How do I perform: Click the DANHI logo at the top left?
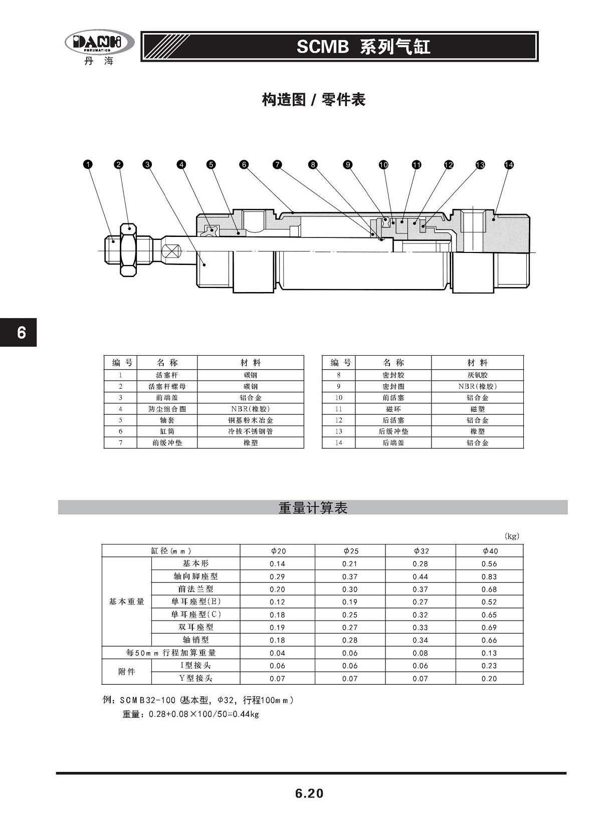[x=99, y=43]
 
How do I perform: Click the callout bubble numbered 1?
[x=88, y=164]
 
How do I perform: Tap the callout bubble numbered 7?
[x=277, y=164]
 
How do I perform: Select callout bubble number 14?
[x=509, y=164]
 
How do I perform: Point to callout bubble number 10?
[x=383, y=164]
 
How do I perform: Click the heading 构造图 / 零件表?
[x=313, y=100]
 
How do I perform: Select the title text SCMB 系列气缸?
[x=363, y=47]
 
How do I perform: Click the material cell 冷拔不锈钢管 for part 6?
[x=251, y=431]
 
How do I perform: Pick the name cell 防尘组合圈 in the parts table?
[x=167, y=409]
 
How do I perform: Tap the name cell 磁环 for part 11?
[x=393, y=409]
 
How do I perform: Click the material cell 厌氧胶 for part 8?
[x=477, y=375]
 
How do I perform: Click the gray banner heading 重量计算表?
[x=313, y=507]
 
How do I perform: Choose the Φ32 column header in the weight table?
[x=421, y=551]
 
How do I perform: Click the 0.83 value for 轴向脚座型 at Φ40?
[x=489, y=577]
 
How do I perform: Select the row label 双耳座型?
[x=195, y=627]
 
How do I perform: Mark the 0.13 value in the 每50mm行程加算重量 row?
[x=489, y=653]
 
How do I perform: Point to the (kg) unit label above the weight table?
[x=512, y=536]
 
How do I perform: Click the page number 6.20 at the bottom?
[x=309, y=793]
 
